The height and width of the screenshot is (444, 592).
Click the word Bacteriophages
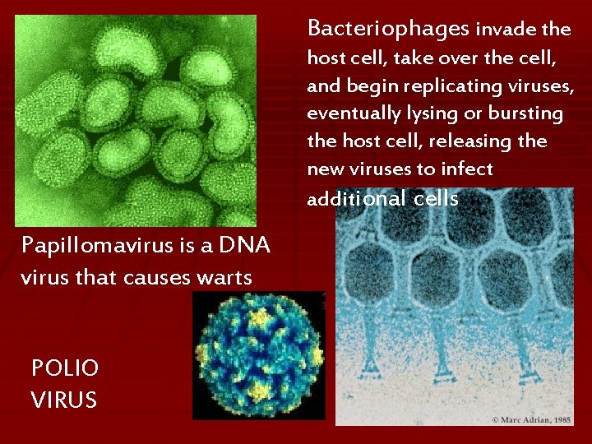(387, 29)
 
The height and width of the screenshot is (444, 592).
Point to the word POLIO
(65, 368)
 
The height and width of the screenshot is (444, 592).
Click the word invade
(506, 30)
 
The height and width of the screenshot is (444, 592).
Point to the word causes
(154, 278)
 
